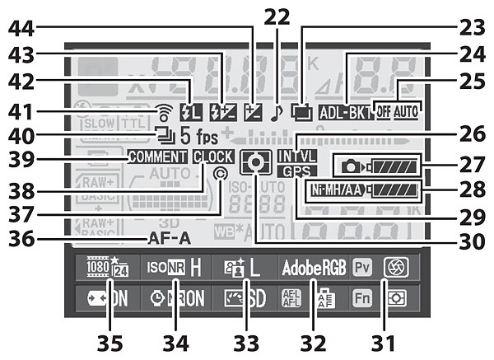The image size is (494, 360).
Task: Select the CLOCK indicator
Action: point(212,156)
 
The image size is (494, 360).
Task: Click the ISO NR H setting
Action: point(173,269)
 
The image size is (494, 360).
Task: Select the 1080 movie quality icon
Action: point(98,268)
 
